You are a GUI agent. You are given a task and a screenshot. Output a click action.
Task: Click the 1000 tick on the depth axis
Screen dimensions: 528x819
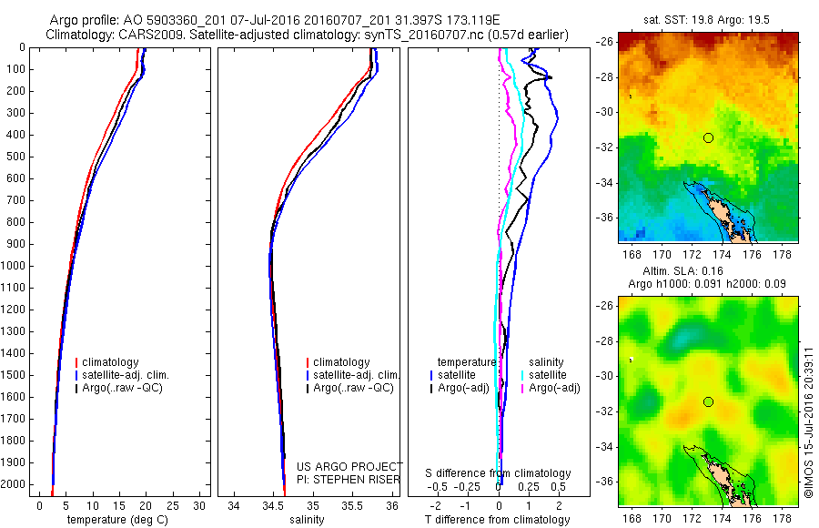pyautogui.click(x=18, y=266)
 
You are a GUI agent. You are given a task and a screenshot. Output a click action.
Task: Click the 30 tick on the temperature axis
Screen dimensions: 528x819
pyautogui.click(x=199, y=505)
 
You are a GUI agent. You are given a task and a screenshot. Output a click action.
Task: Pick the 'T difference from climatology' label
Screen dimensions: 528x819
pyautogui.click(x=497, y=520)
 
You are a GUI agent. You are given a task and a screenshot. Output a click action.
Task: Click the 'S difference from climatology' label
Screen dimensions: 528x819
pyautogui.click(x=498, y=473)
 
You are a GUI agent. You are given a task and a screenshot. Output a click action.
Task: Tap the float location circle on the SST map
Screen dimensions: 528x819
pyautogui.click(x=708, y=137)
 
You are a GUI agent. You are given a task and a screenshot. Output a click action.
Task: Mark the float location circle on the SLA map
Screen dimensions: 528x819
pyautogui.click(x=708, y=401)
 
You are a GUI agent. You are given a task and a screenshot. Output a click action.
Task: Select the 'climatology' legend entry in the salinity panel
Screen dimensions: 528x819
pyautogui.click(x=341, y=362)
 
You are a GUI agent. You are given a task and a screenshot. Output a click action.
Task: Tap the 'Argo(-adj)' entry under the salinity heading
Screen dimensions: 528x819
pyautogui.click(x=554, y=388)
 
